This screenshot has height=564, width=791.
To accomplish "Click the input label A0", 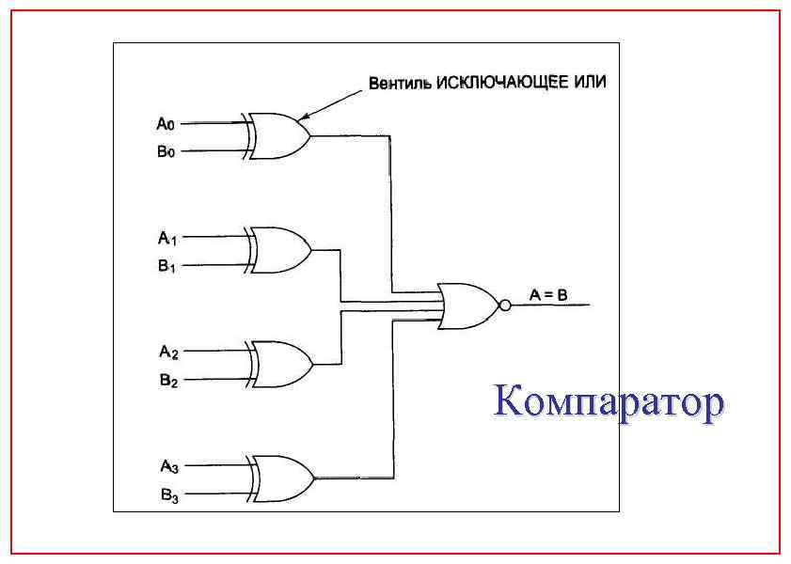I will [x=166, y=123].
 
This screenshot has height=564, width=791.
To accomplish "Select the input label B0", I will [x=166, y=150].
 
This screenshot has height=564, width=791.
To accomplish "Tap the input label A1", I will [x=166, y=238].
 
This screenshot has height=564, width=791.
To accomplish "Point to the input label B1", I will [x=166, y=266].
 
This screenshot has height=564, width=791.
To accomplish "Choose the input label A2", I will [x=167, y=352].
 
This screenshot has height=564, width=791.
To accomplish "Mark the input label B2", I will [x=167, y=381].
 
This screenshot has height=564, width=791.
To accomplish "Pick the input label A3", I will [x=168, y=465].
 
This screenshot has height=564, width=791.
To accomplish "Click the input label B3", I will [x=168, y=494].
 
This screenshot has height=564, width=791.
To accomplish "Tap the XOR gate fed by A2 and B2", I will [x=281, y=365].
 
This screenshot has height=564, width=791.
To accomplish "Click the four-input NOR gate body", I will [x=468, y=305].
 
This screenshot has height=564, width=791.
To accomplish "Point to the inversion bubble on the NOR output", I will [x=505, y=305].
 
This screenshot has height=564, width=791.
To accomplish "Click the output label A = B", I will [x=547, y=295].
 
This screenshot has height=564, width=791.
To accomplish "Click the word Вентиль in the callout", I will [x=399, y=84].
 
